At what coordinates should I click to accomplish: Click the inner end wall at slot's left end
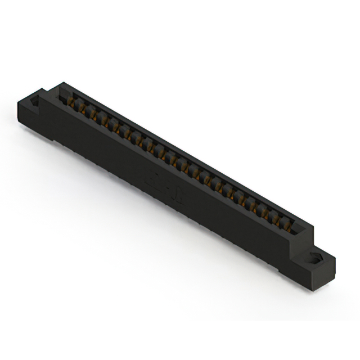[x=62, y=96]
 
